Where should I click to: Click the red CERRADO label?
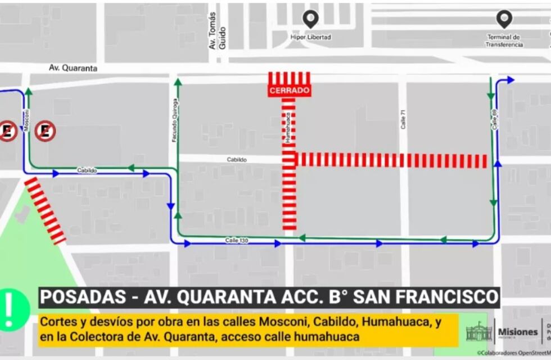pos(289,91)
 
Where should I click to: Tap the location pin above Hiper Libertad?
pos(310,20)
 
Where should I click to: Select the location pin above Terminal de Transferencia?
pos(504,20)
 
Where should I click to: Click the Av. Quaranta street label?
pos(73,68)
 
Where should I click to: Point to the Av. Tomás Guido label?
pos(217,31)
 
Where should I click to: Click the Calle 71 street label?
pos(403,119)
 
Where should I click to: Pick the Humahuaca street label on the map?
pos(287,127)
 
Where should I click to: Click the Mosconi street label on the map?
pos(26,119)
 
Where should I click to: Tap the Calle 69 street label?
pos(494,119)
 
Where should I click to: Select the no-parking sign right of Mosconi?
pos(45,131)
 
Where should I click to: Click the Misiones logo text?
pos(517,332)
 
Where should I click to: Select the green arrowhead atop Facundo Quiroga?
pos(178,82)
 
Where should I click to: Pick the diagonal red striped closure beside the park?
pos(46,211)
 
